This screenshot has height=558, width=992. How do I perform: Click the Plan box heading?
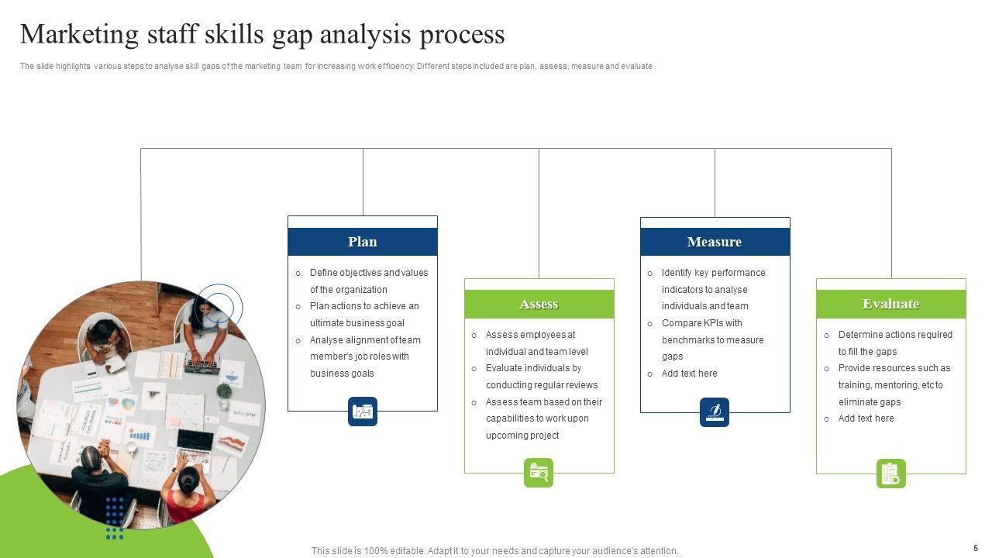pos(363,242)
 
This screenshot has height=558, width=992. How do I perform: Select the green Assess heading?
pos(539,304)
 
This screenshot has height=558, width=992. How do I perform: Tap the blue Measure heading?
pos(715,242)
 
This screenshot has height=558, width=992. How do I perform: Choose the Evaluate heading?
pos(890,304)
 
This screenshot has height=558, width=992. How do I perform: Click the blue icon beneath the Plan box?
pos(363,412)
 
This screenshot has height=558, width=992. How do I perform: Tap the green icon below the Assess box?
pos(539,473)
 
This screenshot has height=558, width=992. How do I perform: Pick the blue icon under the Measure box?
pos(715,412)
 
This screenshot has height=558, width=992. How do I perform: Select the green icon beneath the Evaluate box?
pos(890,474)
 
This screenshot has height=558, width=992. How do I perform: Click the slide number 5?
pos(976,548)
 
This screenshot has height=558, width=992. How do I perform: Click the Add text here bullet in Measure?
pos(689,374)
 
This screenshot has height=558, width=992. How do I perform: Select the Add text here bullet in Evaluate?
pos(866,418)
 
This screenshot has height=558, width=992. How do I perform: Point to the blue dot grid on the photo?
pos(115,518)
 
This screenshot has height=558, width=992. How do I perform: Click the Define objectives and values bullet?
pos(368,273)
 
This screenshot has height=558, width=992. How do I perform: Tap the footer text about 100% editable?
pos(494,551)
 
